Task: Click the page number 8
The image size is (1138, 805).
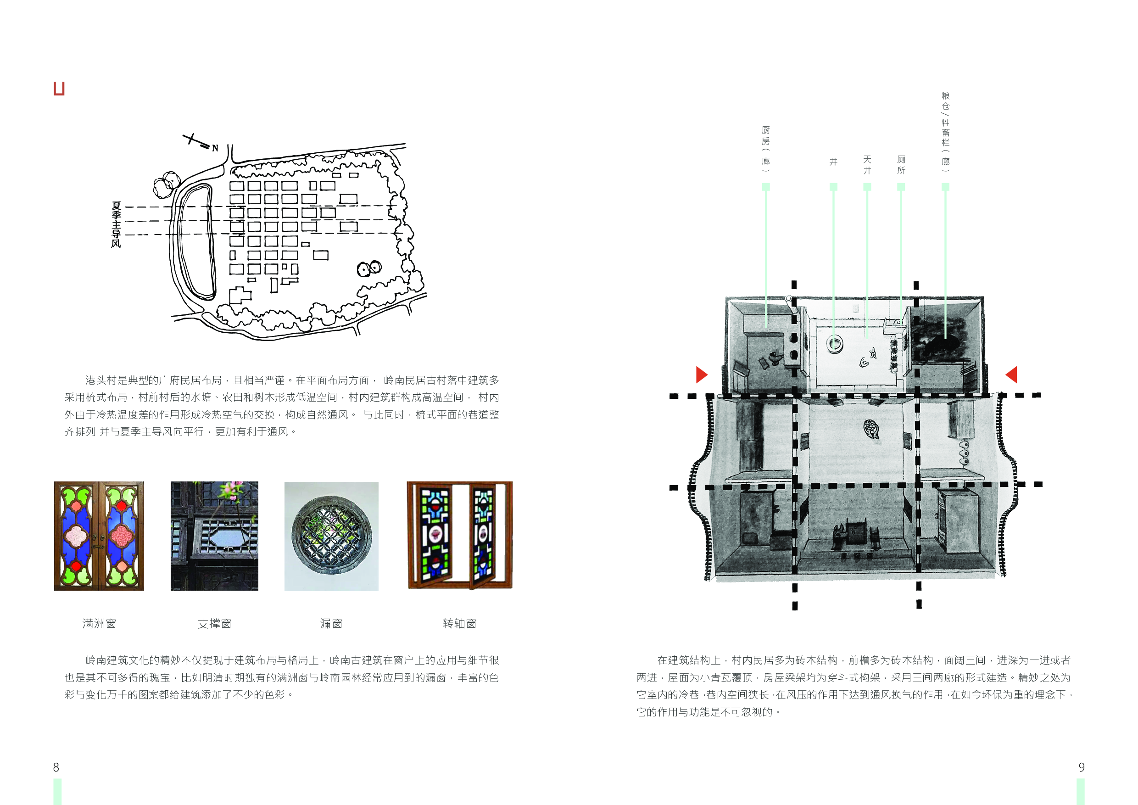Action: (56, 767)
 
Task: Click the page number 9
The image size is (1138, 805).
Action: (1082, 767)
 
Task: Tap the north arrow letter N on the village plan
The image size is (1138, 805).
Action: (215, 148)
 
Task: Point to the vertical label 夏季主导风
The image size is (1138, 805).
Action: (116, 224)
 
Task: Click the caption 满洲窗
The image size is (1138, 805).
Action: (99, 624)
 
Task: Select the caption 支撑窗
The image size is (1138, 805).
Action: (214, 624)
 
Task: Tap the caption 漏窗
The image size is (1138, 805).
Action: (331, 624)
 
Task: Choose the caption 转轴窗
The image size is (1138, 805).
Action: (459, 624)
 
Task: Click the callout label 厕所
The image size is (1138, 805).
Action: (901, 165)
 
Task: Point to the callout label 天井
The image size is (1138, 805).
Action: (867, 165)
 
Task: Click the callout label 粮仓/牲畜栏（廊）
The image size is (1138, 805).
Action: (945, 132)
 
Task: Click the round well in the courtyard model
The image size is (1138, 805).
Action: (835, 342)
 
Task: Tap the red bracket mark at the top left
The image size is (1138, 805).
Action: (59, 89)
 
